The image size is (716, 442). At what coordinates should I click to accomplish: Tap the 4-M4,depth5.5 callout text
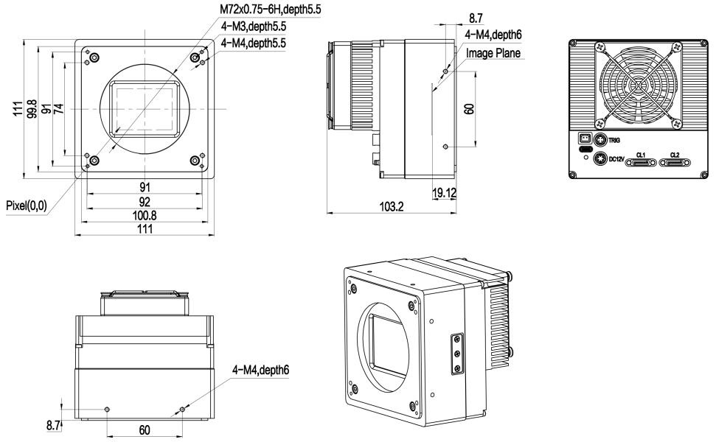pos(254,43)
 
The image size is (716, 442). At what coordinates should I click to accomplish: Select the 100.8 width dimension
pos(145,215)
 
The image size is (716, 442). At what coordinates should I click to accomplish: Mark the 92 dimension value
pos(145,201)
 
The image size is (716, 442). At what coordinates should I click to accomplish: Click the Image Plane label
pos(493,53)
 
